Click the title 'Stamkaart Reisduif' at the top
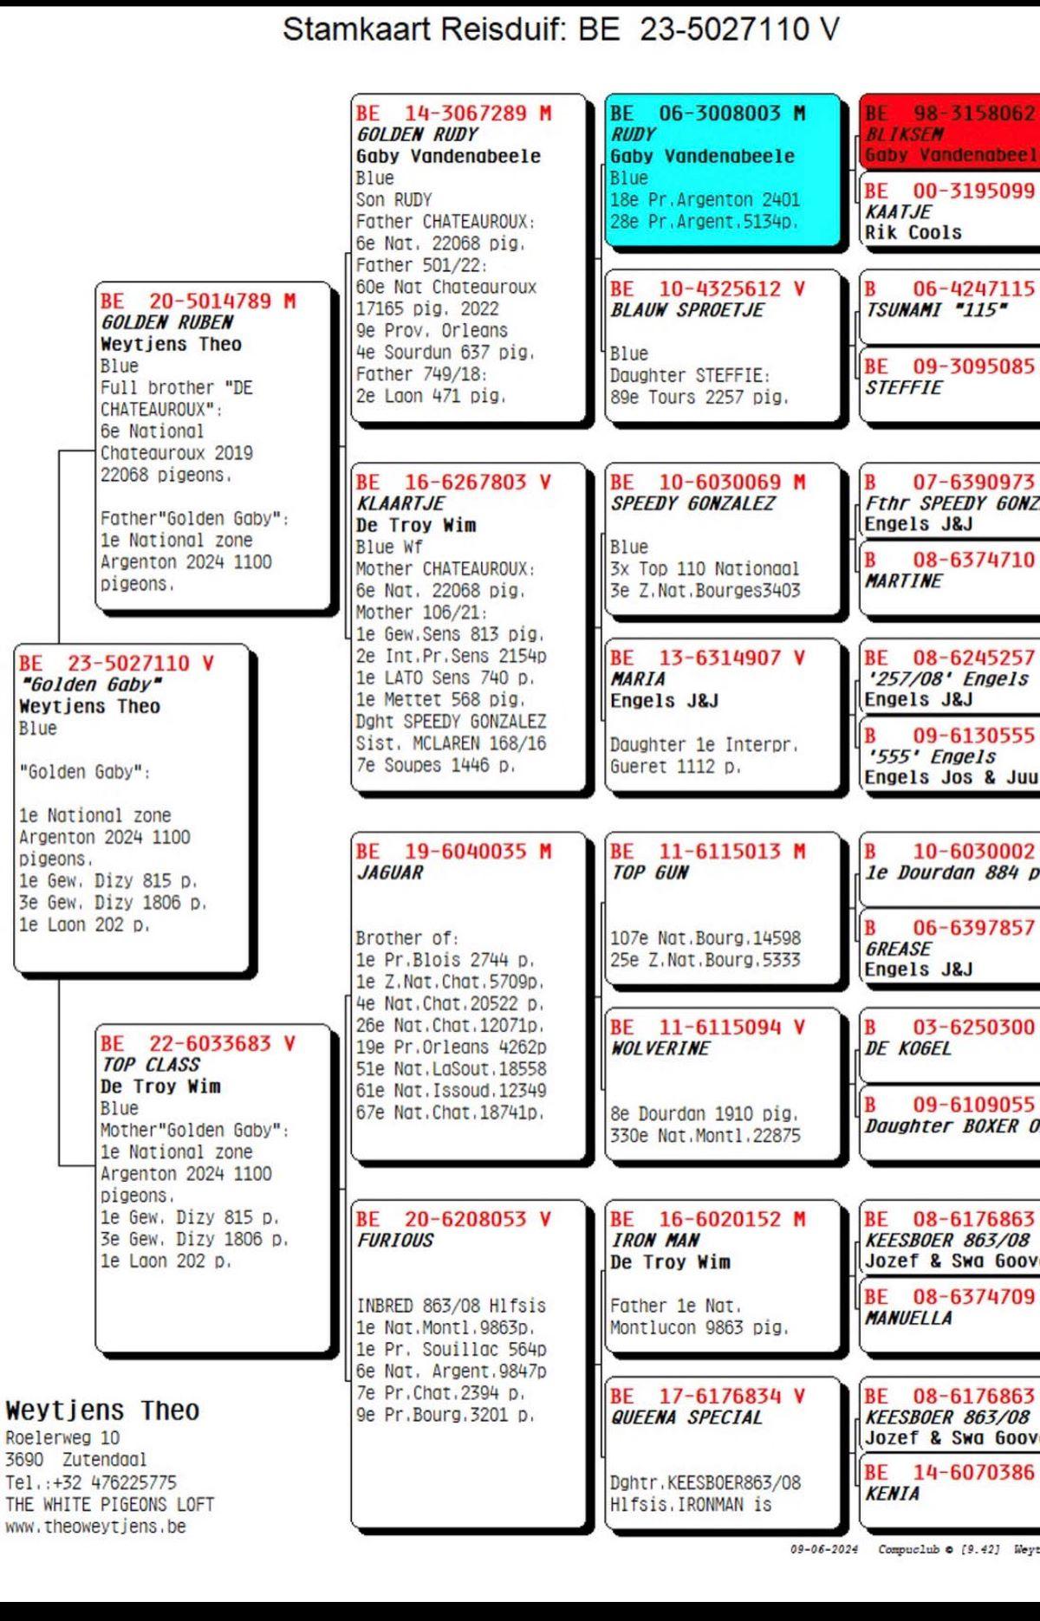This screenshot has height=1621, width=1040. [423, 30]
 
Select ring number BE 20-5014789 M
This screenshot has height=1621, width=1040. [198, 302]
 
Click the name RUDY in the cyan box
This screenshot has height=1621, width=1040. [633, 135]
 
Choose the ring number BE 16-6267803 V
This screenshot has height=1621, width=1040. [452, 483]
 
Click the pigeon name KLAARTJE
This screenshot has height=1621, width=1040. [400, 504]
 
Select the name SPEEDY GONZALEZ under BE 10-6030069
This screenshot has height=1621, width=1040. [692, 504]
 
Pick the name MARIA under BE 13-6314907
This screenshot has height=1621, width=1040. [637, 680]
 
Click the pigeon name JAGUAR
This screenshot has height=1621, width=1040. [389, 873]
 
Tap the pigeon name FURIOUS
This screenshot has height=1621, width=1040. [394, 1241]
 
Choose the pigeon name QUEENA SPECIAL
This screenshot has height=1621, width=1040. [686, 1417]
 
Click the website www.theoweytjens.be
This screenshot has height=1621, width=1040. [95, 1527]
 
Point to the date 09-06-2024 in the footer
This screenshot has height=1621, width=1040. [823, 1549]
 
